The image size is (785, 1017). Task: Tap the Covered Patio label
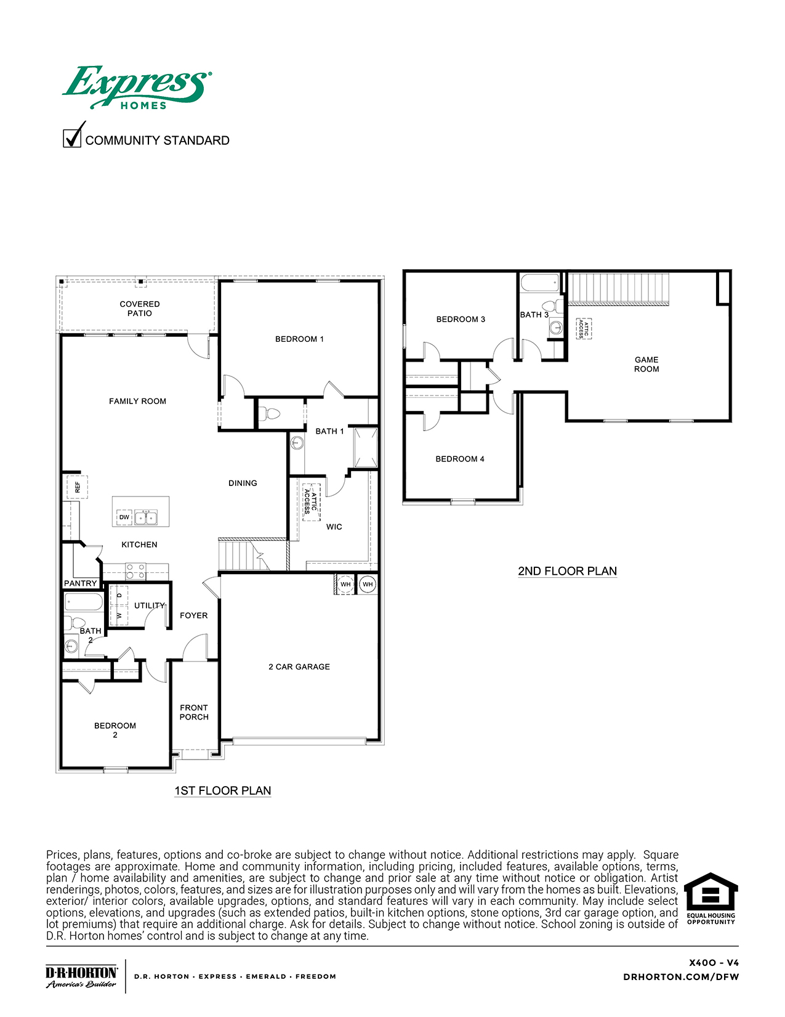(140, 309)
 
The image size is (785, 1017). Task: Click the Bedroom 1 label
(299, 339)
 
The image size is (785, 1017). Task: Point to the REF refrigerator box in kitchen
(78, 487)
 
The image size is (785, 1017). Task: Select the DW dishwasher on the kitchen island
(124, 517)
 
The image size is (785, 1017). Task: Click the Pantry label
(81, 583)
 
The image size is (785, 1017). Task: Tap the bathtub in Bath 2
(83, 602)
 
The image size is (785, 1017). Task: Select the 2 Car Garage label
(299, 667)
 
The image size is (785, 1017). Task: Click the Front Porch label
(194, 712)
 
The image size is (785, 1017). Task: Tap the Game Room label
(646, 364)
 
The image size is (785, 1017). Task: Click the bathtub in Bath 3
(540, 283)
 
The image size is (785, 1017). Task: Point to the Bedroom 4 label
(460, 459)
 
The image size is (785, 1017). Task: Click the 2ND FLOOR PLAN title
(567, 571)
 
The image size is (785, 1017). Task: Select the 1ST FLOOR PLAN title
(223, 790)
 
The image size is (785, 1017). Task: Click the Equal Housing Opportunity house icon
(711, 891)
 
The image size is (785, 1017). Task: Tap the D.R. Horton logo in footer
(81, 976)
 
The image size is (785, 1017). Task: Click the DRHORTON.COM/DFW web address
(681, 976)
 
